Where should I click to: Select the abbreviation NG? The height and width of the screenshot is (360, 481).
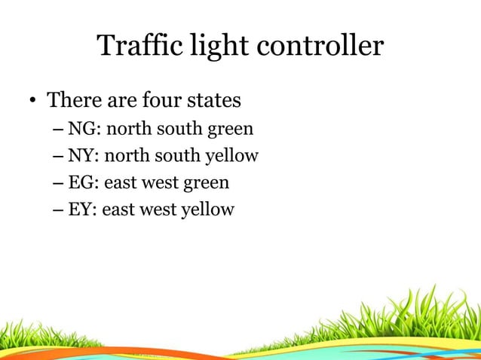(84, 130)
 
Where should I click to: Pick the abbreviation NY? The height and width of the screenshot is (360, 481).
(84, 156)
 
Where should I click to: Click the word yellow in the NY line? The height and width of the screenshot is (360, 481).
(234, 157)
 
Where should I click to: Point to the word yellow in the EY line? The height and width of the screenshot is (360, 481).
(209, 209)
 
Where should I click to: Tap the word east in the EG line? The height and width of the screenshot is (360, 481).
(119, 182)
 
